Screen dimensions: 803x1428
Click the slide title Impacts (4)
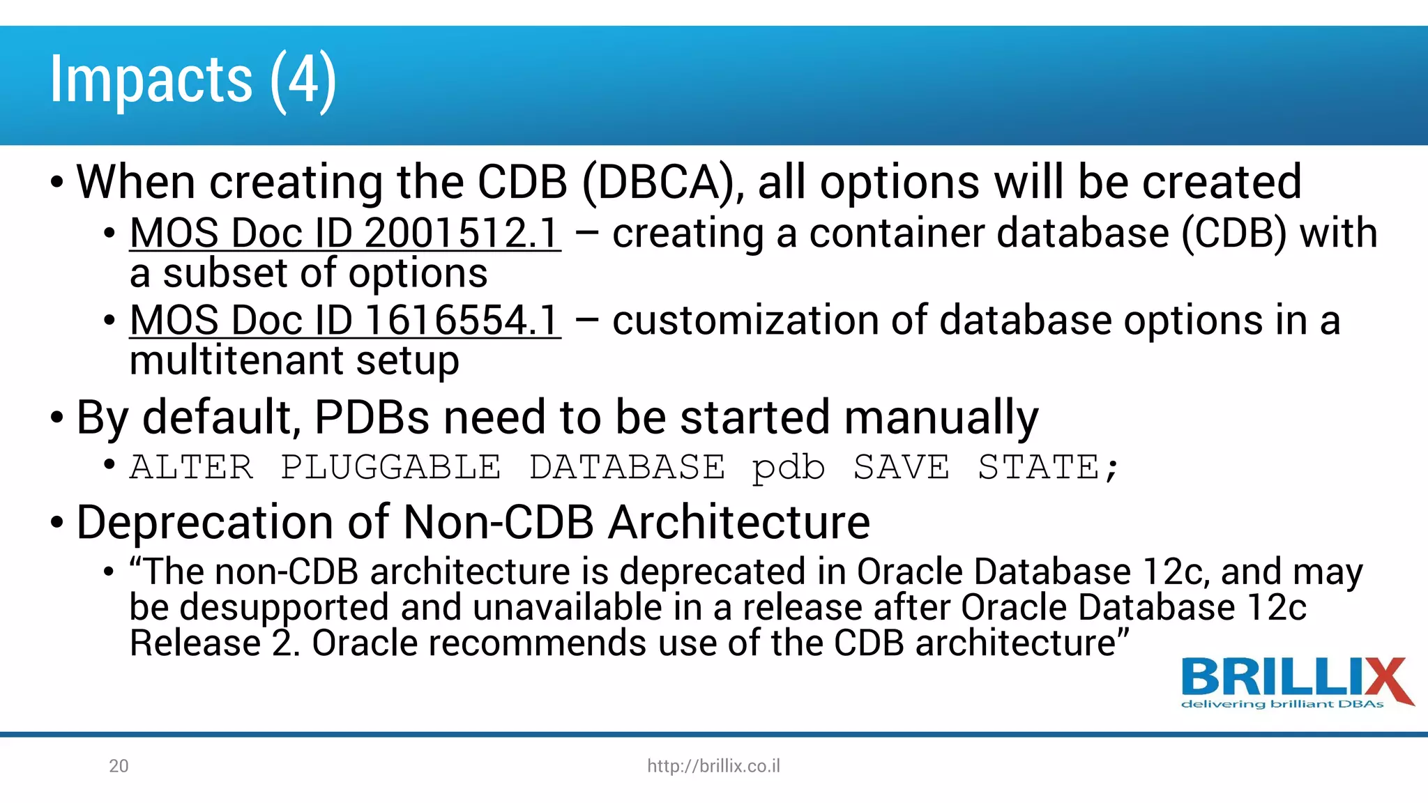(193, 80)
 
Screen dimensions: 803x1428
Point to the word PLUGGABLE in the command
(390, 467)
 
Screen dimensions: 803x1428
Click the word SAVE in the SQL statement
(901, 467)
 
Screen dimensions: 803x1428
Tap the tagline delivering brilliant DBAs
(1282, 704)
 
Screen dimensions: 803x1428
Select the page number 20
(119, 766)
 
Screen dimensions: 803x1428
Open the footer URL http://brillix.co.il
(713, 766)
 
